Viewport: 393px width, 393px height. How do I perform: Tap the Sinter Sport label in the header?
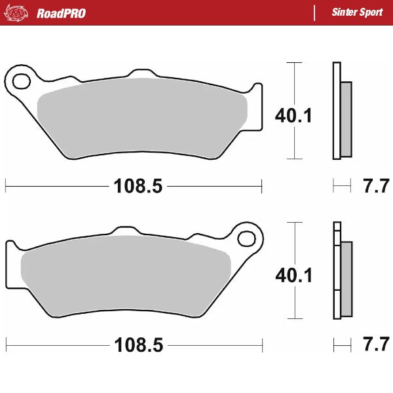357,13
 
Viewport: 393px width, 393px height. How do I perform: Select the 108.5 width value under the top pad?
138,187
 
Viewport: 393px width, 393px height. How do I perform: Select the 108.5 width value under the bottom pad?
138,344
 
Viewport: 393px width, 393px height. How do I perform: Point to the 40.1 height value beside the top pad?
293,116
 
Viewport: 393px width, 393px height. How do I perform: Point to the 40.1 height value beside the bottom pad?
293,276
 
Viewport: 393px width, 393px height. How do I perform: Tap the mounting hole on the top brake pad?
20,81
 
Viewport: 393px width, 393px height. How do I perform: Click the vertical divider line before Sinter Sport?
315,13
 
